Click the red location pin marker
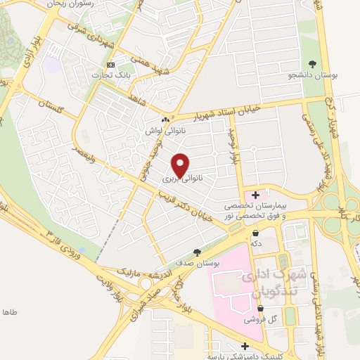pyautogui.click(x=181, y=165)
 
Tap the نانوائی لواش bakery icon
pyautogui.click(x=165, y=119)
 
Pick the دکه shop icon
pyautogui.click(x=255, y=231)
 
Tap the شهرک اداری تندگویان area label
pyautogui.click(x=269, y=282)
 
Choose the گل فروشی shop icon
pyautogui.click(x=260, y=308)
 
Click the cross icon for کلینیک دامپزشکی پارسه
pyautogui.click(x=245, y=345)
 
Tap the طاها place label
pyautogui.click(x=9, y=311)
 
